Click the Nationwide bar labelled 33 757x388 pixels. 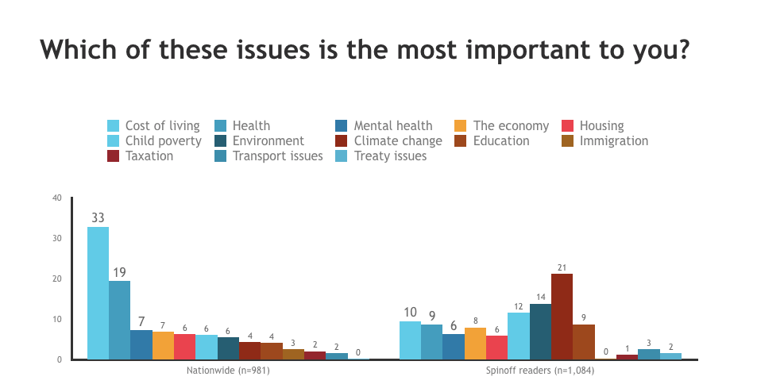point(98,294)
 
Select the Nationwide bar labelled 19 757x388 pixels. point(119,321)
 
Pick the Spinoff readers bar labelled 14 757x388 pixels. point(540,332)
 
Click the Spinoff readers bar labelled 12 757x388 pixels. point(518,336)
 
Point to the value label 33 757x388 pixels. point(98,217)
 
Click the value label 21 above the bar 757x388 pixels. point(562,267)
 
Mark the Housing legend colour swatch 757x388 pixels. point(568,125)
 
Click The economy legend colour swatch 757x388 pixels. point(461,125)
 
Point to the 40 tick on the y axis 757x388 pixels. point(56,198)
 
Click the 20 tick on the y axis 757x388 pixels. point(56,279)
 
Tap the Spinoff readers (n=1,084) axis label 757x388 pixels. point(540,370)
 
